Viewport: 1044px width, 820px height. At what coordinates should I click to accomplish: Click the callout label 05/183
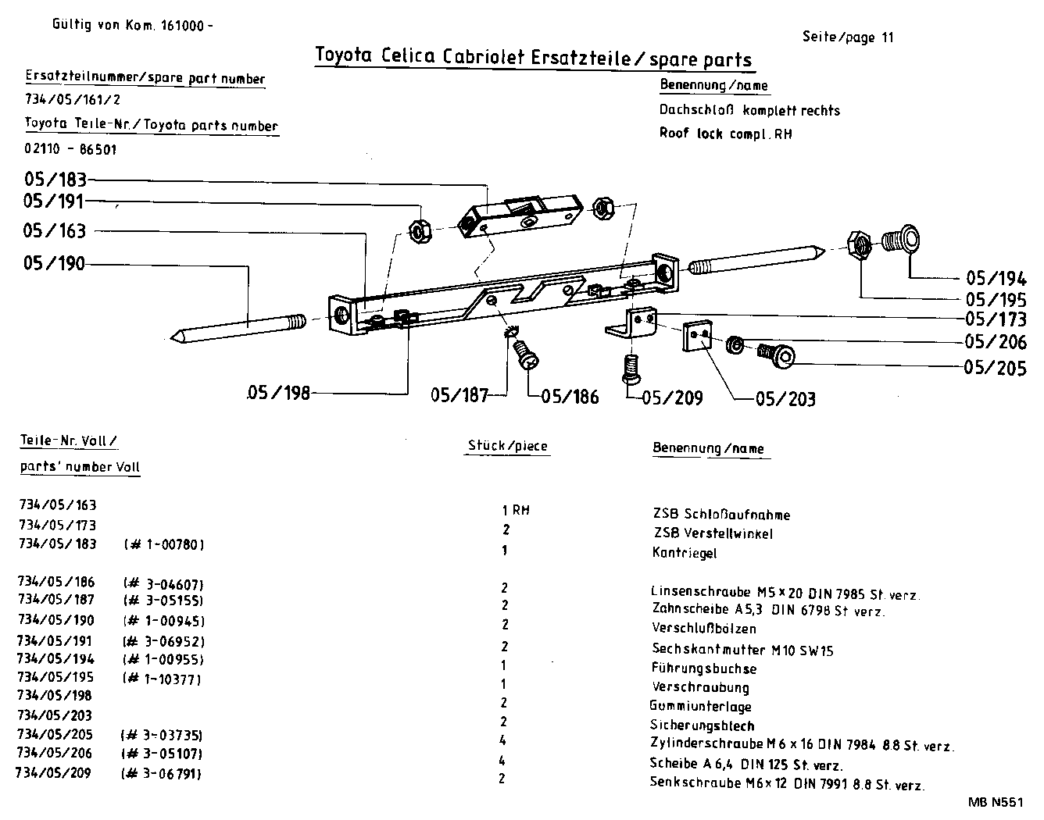click(x=55, y=180)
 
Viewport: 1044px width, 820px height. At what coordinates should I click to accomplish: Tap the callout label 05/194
click(x=996, y=279)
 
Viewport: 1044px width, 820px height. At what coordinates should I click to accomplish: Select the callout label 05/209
click(x=672, y=398)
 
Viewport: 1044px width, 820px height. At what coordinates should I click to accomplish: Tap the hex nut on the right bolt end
click(x=860, y=244)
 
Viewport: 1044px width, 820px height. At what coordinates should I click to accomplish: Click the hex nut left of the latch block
click(x=420, y=230)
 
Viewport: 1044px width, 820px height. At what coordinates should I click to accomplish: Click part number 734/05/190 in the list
click(x=55, y=621)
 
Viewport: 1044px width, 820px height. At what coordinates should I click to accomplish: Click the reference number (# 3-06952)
click(x=163, y=641)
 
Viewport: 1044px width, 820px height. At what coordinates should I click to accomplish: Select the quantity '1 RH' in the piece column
click(x=515, y=510)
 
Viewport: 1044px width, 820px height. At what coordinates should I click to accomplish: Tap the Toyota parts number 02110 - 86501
click(x=71, y=149)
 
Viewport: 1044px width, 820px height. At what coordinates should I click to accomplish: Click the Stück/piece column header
click(x=507, y=446)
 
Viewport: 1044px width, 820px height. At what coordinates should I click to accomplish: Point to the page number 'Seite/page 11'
click(x=847, y=37)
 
